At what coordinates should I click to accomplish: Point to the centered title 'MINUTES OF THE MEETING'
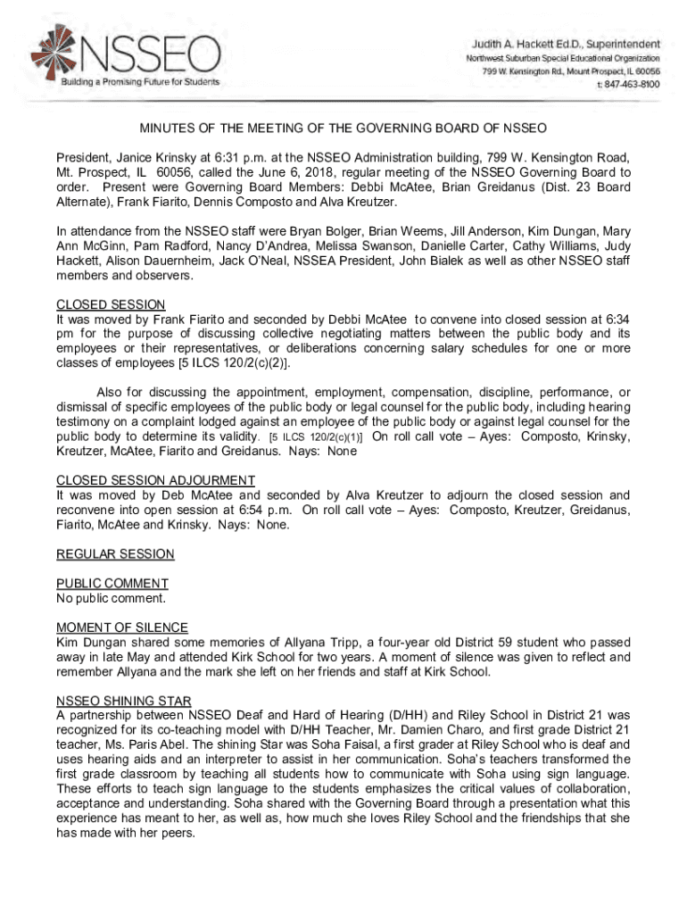tap(343, 128)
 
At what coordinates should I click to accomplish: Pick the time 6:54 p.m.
tap(265, 510)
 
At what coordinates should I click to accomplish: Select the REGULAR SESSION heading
tap(115, 554)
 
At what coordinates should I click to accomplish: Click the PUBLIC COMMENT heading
tap(112, 584)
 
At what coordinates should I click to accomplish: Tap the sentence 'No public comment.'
tap(111, 598)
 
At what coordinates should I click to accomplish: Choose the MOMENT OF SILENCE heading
tap(122, 627)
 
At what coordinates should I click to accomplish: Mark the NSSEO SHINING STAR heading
tap(123, 700)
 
